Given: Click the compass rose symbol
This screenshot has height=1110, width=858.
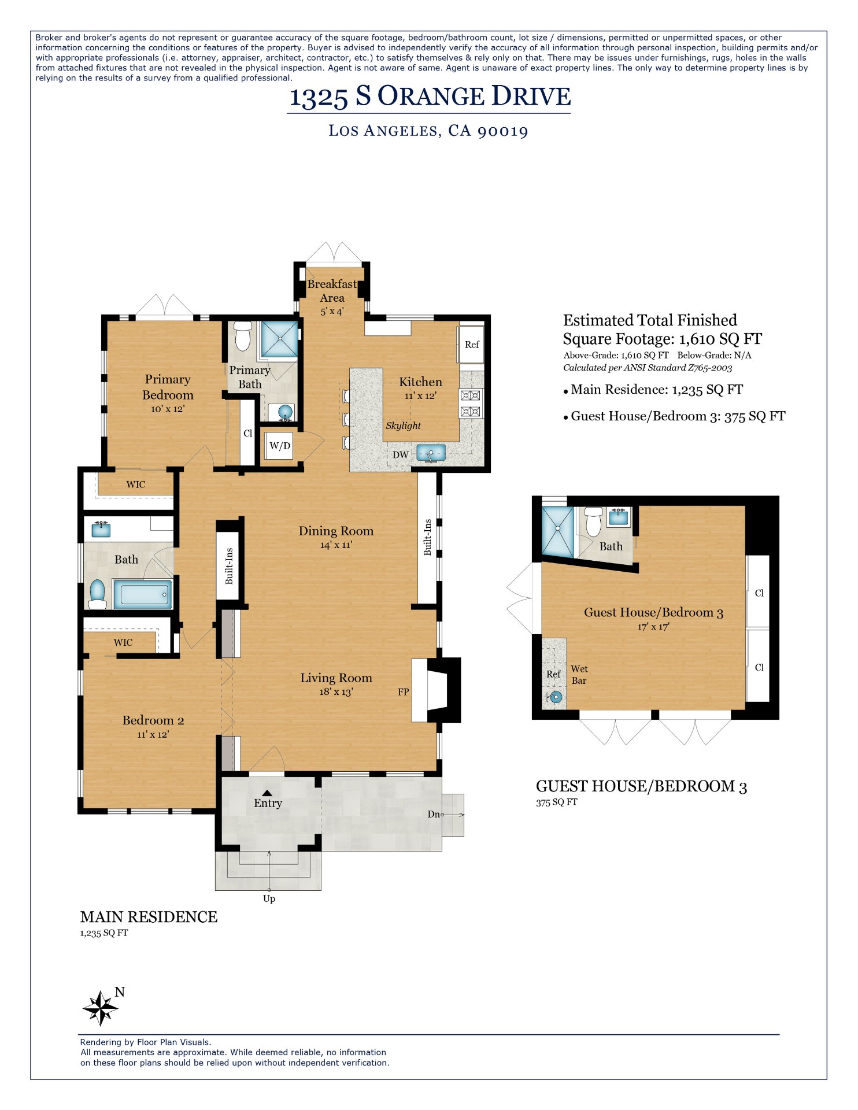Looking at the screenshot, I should [x=101, y=1008].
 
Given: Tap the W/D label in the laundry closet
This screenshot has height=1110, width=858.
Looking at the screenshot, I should [x=280, y=446].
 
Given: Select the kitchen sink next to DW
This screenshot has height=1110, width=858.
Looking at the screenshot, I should [x=431, y=453].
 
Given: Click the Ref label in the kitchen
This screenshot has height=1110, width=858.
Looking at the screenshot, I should [x=472, y=345].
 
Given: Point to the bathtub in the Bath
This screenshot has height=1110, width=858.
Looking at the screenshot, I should [x=142, y=594].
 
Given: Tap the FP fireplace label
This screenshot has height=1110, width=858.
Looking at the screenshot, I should [x=404, y=691].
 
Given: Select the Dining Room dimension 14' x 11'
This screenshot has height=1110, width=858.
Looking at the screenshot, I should [x=336, y=545].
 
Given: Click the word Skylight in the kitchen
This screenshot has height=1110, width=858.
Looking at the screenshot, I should [x=403, y=425].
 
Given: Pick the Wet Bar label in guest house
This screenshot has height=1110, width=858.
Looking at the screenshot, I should [x=579, y=675].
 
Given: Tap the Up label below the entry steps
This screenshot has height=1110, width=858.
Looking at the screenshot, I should [x=269, y=898].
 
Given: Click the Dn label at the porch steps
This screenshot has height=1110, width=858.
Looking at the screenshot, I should [x=434, y=814].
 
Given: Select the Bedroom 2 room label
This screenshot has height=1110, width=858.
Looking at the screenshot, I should [x=153, y=720].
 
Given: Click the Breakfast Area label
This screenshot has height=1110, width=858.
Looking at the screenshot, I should [x=332, y=291].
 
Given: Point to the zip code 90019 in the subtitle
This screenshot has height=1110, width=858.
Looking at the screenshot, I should [x=503, y=131].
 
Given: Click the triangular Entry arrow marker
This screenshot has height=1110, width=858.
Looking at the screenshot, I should [x=267, y=793].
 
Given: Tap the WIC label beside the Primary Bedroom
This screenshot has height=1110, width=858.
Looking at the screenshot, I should [x=136, y=484].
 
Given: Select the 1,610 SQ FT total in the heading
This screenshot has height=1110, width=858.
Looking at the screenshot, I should [x=720, y=339].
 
